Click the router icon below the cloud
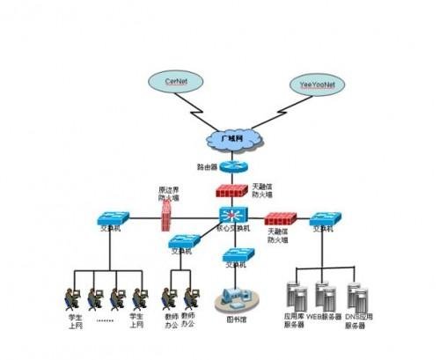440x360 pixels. [233, 166]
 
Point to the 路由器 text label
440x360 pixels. [207, 166]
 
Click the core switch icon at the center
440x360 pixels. [233, 215]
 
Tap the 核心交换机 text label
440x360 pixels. [233, 228]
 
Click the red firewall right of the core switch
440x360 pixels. [281, 217]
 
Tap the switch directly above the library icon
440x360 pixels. [238, 255]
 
